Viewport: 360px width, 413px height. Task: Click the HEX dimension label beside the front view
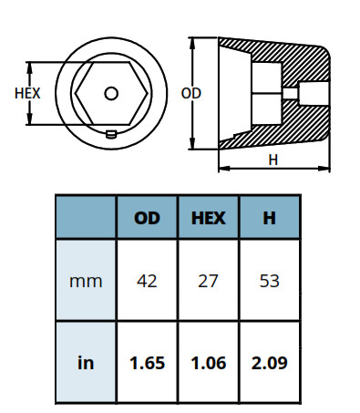point(27,93)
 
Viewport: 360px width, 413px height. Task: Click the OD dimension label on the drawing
point(190,93)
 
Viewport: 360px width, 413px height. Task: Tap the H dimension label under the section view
point(273,160)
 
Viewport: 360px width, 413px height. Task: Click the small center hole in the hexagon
point(111,94)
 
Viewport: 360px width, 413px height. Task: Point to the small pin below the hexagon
point(111,134)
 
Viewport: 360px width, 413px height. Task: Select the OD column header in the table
point(147,218)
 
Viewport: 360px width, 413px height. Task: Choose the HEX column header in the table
point(209,218)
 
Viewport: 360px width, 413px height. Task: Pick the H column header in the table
point(270,218)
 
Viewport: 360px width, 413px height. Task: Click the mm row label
point(86,282)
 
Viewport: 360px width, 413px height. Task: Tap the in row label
point(86,363)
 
